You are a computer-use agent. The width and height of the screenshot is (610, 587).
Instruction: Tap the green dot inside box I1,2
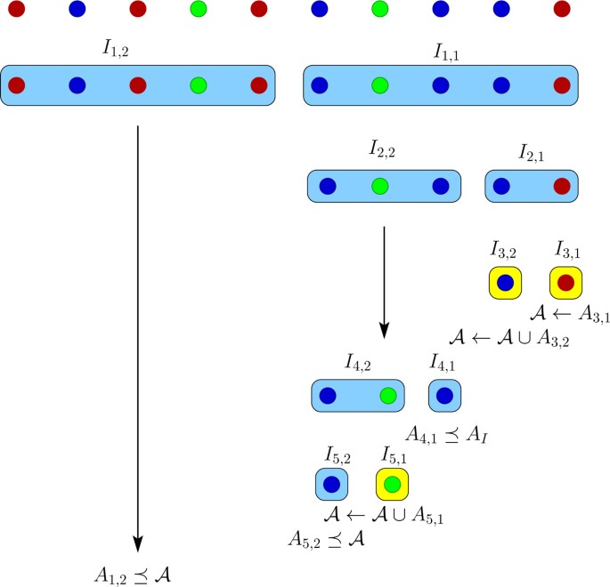199,86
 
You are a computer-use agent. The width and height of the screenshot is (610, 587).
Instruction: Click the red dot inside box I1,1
561,86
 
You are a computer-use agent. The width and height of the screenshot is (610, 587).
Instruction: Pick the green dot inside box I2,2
380,187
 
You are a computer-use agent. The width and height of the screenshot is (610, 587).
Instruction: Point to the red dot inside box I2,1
561,187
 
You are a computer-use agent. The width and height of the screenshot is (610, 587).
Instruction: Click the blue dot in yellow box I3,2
504,283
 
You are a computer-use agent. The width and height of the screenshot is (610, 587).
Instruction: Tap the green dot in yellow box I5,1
392,485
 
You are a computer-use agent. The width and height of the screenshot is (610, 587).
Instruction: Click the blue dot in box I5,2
331,485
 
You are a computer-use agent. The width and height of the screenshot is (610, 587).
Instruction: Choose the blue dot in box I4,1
444,396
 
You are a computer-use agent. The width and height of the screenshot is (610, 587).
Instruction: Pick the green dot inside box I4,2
386,396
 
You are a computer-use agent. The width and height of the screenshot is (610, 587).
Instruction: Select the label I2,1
533,153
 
